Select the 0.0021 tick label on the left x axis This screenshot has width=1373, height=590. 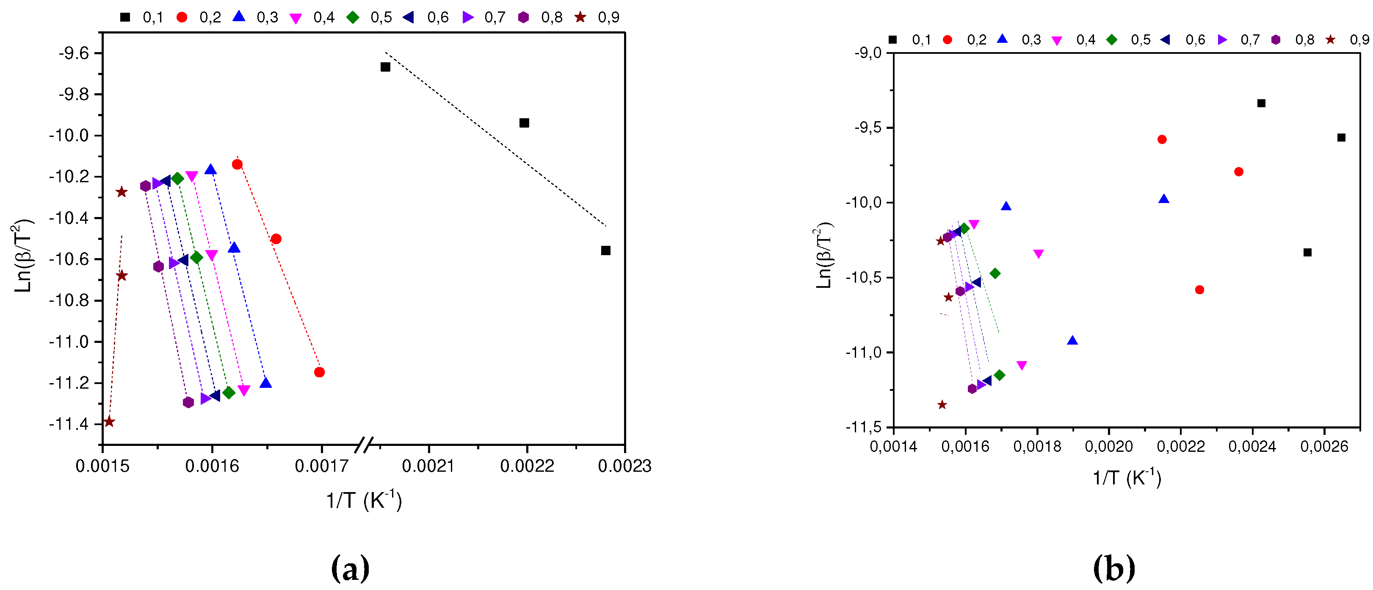pos(428,466)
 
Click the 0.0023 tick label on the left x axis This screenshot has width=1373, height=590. pos(624,466)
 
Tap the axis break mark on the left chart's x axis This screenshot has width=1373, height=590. pos(364,444)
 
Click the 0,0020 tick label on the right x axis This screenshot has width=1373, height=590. pos(1109,446)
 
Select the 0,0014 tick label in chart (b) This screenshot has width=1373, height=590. pos(893,446)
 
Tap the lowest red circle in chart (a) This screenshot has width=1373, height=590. pos(319,372)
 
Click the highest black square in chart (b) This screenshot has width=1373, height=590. pos(1261,103)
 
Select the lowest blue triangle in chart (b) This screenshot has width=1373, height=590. pos(1072,340)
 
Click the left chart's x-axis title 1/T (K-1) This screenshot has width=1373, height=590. pos(364,501)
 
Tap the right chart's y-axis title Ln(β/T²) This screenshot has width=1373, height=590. pos(824,255)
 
